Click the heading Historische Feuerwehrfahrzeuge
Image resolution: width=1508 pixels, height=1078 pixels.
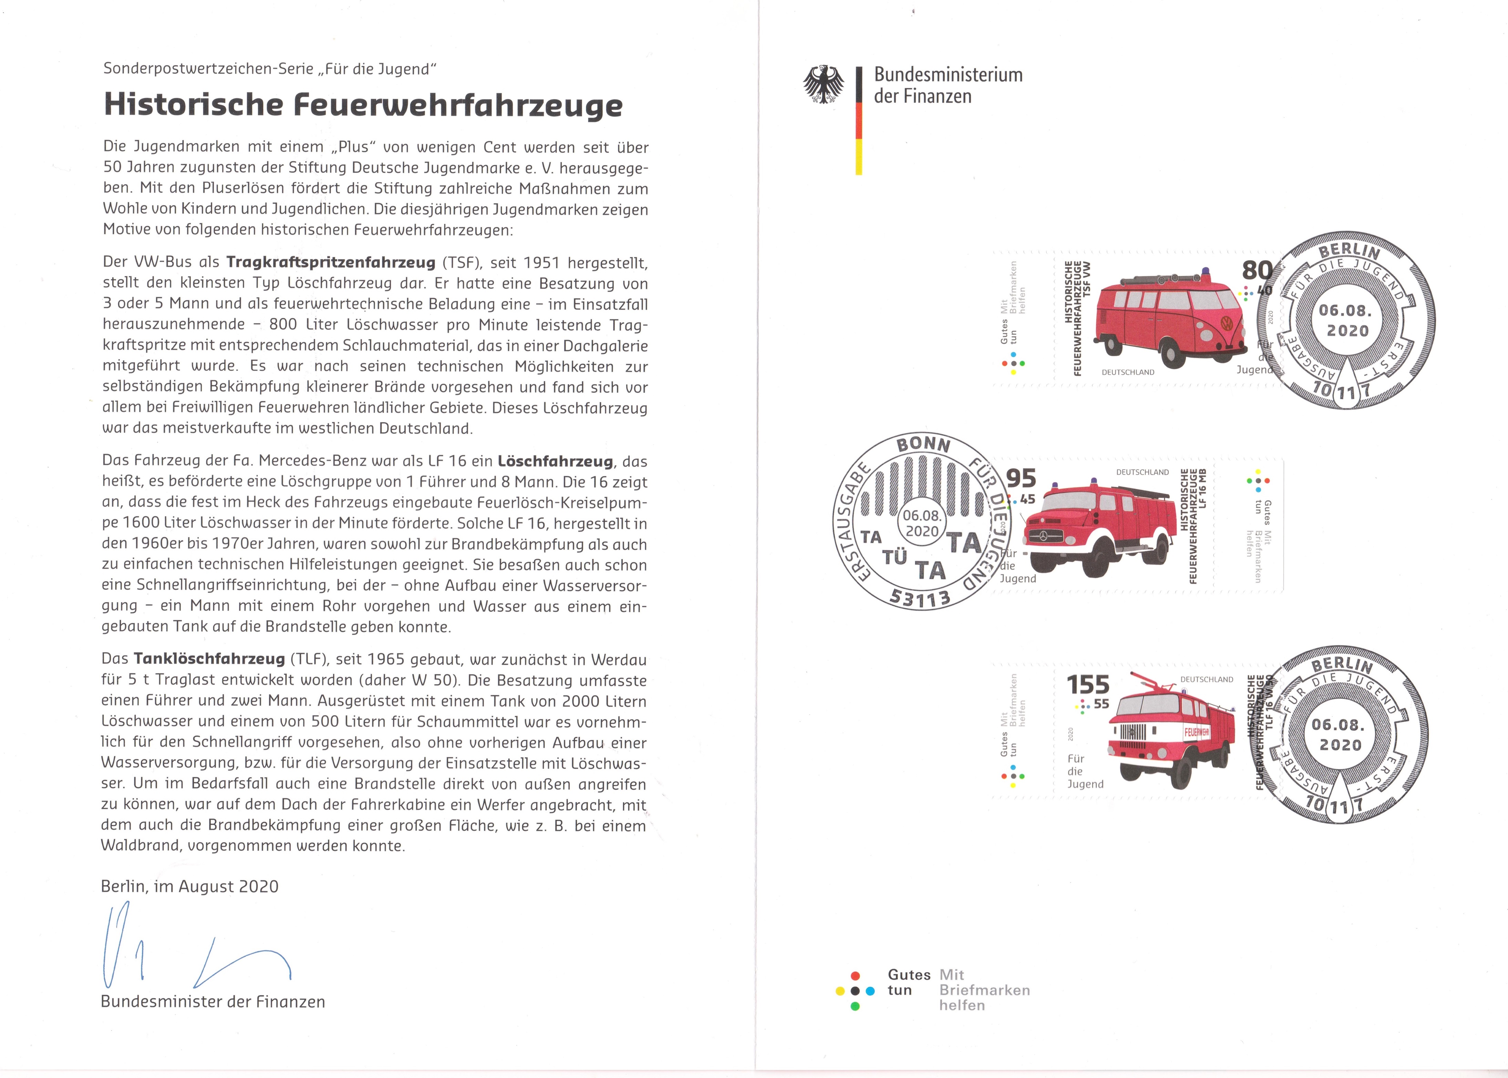tap(363, 105)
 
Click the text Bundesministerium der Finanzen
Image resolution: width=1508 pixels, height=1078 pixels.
tap(948, 85)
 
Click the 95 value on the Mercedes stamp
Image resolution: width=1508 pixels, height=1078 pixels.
tap(1022, 478)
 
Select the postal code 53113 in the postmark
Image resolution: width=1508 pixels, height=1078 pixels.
tap(920, 598)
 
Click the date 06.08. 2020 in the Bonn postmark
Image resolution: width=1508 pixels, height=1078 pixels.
tap(921, 523)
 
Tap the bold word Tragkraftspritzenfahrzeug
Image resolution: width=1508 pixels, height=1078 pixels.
tap(331, 262)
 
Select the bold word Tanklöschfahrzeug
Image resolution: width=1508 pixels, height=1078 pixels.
tap(209, 659)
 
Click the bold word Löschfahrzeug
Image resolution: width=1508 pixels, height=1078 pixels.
tap(555, 462)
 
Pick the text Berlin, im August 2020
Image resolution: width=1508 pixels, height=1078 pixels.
tap(190, 887)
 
